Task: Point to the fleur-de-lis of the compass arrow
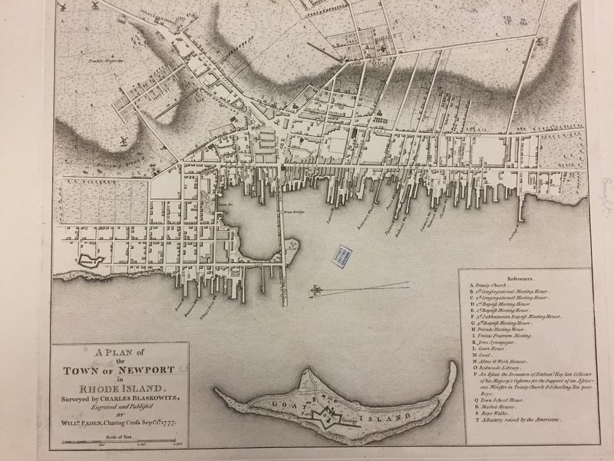(315, 291)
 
